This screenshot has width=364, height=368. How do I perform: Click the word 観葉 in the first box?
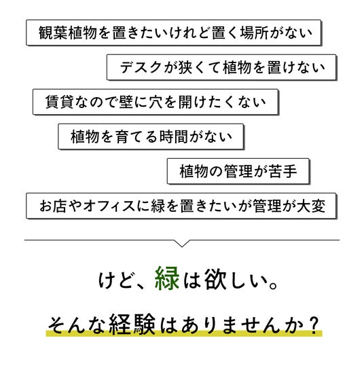[x=53, y=33]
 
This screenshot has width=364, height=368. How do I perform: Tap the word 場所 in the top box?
[x=255, y=33]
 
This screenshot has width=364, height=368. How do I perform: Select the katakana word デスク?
[x=141, y=67]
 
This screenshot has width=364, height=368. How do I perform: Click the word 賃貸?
[x=60, y=102]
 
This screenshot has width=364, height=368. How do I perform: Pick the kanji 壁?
[x=126, y=102]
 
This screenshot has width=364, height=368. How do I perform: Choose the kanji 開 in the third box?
[x=185, y=102]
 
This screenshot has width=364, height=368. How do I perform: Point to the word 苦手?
[x=283, y=171]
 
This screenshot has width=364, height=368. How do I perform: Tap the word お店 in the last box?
[x=53, y=206]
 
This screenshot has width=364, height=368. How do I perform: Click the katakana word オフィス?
[x=109, y=206]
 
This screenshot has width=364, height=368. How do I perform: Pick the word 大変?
[x=311, y=206]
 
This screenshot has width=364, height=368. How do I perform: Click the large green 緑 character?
[x=167, y=278]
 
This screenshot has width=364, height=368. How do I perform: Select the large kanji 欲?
[x=215, y=279]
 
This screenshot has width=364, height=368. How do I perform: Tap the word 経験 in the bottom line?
[x=132, y=325]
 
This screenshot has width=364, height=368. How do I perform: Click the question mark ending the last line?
[x=314, y=325]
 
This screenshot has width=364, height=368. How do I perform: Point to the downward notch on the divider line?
[x=182, y=243]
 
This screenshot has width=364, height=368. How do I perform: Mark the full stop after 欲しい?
[x=274, y=286]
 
